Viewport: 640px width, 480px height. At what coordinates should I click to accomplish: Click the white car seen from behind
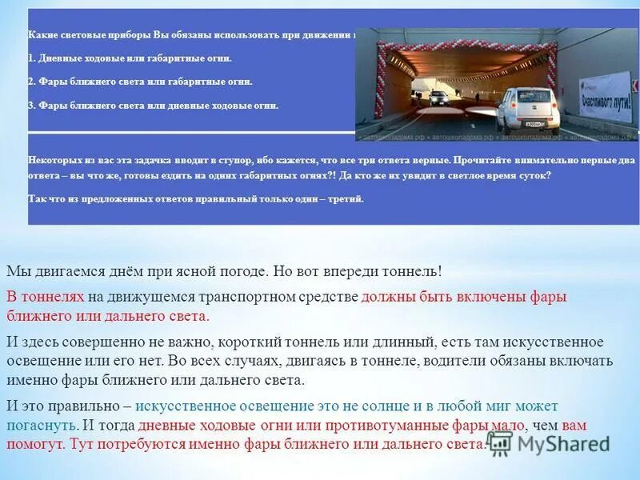528,109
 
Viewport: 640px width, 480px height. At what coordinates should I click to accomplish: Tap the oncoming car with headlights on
438,98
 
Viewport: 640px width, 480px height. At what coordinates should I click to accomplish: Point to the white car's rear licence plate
534,123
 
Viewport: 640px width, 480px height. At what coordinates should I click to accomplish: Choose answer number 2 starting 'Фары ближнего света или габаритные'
140,82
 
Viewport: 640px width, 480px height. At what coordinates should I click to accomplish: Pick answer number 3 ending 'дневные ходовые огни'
153,105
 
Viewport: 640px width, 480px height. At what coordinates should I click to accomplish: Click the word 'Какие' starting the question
40,35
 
